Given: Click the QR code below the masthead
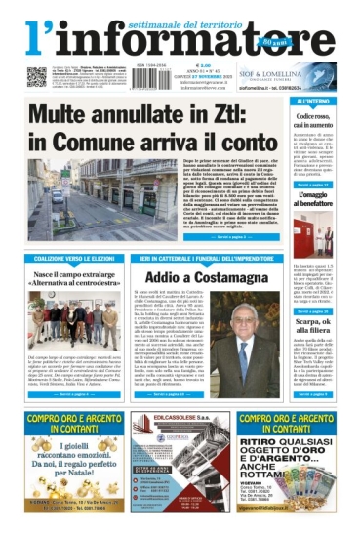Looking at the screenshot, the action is (37, 76).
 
